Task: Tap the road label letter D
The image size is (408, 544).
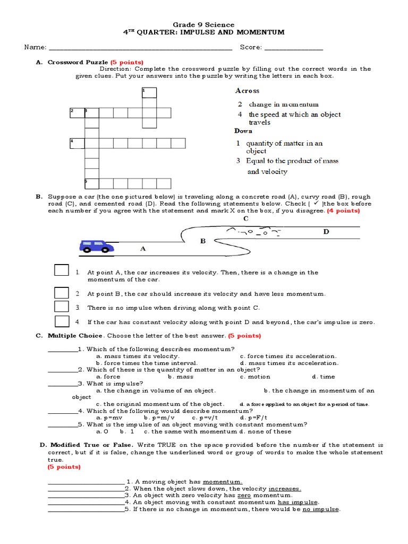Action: (326, 232)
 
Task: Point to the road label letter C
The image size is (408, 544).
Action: (245, 218)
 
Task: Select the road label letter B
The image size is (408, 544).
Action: (202, 241)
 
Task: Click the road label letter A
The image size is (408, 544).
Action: (142, 248)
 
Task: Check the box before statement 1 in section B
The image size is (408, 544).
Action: (62, 270)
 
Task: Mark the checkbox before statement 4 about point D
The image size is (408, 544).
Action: (62, 320)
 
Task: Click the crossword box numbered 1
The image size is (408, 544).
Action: (149, 93)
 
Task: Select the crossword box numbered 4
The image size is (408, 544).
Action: (77, 143)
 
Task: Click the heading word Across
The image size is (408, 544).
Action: (247, 91)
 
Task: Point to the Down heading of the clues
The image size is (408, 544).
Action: (243, 131)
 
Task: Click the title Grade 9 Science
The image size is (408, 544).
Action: (204, 24)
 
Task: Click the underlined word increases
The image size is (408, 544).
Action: (285, 488)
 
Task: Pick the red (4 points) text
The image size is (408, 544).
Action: (343, 211)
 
